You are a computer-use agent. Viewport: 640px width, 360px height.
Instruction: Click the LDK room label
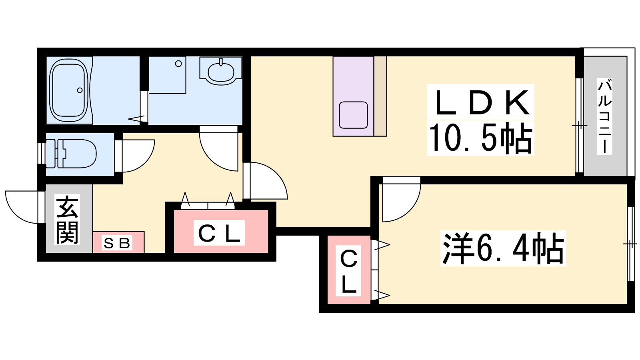[480, 103]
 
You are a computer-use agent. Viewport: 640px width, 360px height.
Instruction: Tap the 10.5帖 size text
[480, 138]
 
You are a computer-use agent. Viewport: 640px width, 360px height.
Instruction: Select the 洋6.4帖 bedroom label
[503, 248]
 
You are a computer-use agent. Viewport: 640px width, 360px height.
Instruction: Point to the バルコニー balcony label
[604, 116]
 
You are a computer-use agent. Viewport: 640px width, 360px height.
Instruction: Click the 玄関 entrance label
[68, 220]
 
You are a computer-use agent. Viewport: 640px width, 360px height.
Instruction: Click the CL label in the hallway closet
[219, 232]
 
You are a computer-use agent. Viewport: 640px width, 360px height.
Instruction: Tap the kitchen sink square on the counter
[354, 115]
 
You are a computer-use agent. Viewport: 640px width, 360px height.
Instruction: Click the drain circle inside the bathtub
[80, 90]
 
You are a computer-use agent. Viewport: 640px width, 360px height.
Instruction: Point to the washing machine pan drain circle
[178, 64]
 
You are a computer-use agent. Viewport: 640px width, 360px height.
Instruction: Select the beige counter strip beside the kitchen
[380, 96]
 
